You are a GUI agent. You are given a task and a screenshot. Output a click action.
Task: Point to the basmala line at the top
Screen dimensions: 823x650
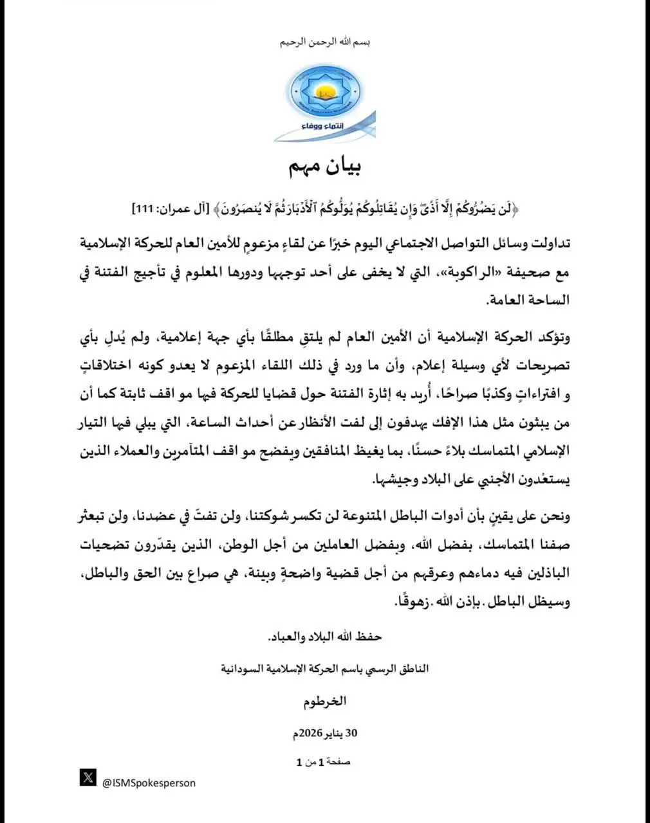(325, 42)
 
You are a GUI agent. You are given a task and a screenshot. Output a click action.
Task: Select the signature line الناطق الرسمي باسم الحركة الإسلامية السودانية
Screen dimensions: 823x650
(325, 669)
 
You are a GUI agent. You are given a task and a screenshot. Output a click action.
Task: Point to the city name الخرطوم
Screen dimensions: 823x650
(325, 701)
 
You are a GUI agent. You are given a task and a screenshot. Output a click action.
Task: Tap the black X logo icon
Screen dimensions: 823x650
(88, 777)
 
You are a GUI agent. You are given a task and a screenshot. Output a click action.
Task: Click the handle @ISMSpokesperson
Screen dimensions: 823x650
(149, 782)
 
